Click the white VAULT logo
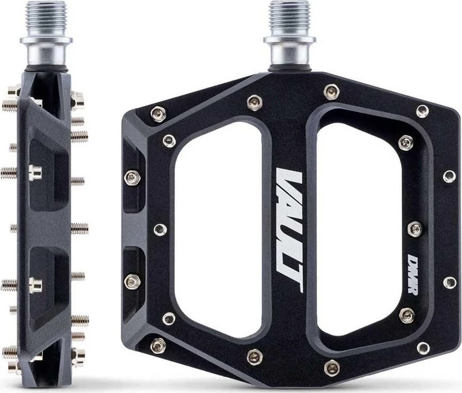point(289,231)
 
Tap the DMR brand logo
point(414,274)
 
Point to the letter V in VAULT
point(289,181)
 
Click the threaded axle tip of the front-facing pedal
point(289,18)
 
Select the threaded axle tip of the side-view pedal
point(46,18)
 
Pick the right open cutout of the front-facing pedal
point(359,229)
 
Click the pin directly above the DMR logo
point(415,229)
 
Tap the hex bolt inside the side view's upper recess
point(35,173)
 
